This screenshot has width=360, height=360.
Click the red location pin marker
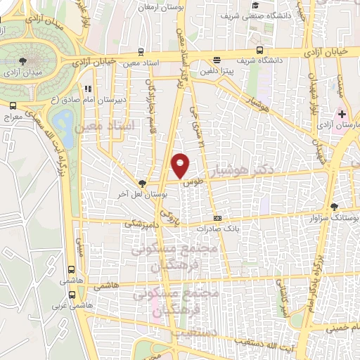point(181,165)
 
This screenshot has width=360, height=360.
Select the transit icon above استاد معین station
point(142,51)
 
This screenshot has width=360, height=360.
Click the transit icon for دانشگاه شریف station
point(259,51)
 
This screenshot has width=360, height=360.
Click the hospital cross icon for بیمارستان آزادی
point(342,113)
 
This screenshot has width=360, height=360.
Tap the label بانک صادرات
point(214,229)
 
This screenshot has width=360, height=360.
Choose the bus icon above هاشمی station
point(71,269)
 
